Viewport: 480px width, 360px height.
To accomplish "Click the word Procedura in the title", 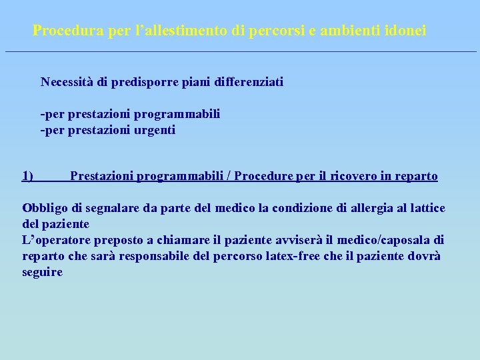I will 63,31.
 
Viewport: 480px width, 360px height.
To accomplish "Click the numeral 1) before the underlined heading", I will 28,176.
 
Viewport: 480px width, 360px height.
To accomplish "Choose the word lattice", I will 425,208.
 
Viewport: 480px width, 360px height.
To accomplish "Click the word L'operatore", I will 57,240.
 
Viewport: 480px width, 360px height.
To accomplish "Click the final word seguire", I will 43,272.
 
